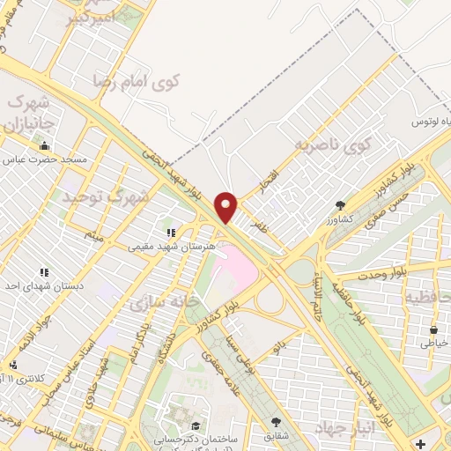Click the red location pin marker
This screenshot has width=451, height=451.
click(227, 207)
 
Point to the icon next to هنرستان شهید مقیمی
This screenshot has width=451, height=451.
click(170, 234)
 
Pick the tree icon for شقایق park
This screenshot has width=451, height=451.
click(277, 422)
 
